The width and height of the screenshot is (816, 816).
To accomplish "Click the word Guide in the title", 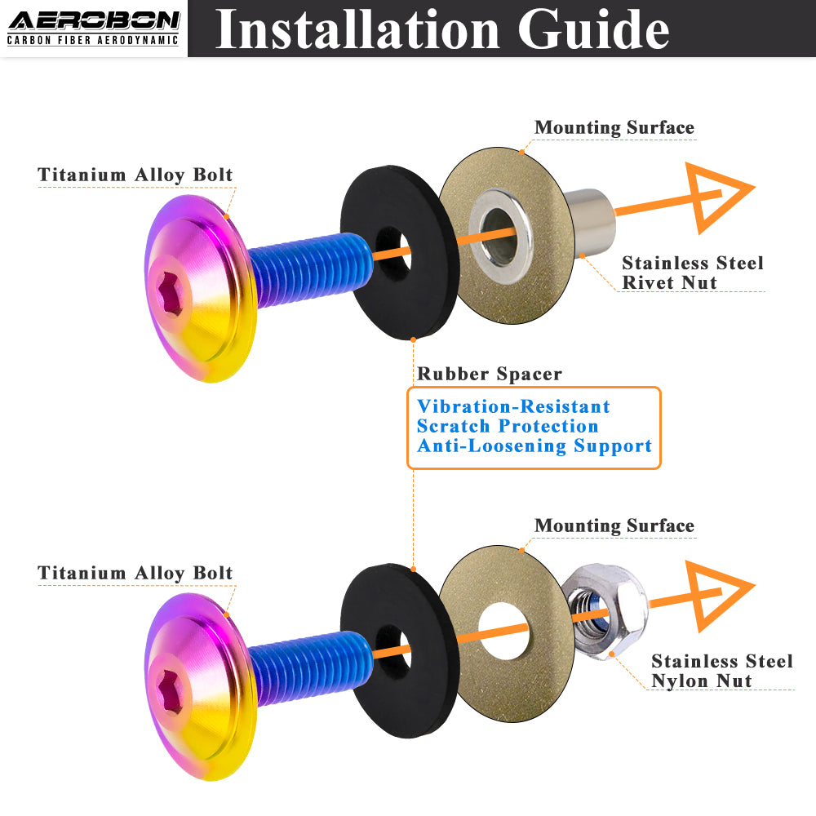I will [x=593, y=29].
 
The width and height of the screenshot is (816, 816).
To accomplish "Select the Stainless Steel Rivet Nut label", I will [x=692, y=273].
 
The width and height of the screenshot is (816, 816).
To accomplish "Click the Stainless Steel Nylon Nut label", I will [x=721, y=671].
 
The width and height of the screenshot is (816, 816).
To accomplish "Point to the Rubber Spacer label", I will [x=490, y=374].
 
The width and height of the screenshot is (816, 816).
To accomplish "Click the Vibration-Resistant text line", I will [x=513, y=406].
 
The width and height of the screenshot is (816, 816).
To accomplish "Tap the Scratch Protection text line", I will [x=508, y=426].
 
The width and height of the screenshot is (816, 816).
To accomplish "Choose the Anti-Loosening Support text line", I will [x=534, y=446].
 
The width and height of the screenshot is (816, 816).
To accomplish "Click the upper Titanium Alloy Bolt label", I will [x=135, y=175].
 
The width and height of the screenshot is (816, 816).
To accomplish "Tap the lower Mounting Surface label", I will [x=614, y=526].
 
